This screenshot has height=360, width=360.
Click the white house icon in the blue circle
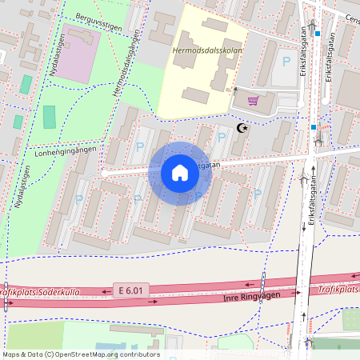pos(180,173)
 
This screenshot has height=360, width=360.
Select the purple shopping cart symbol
pos(253,101)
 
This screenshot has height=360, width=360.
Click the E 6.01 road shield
pos(131,290)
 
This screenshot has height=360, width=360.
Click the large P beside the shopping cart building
pos(286,61)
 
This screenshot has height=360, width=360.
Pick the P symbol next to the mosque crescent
pos(222,137)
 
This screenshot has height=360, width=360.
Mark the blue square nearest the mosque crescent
pos(314,127)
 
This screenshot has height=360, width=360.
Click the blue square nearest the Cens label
pos(318,34)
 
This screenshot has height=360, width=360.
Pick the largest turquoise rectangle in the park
pos(50,117)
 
